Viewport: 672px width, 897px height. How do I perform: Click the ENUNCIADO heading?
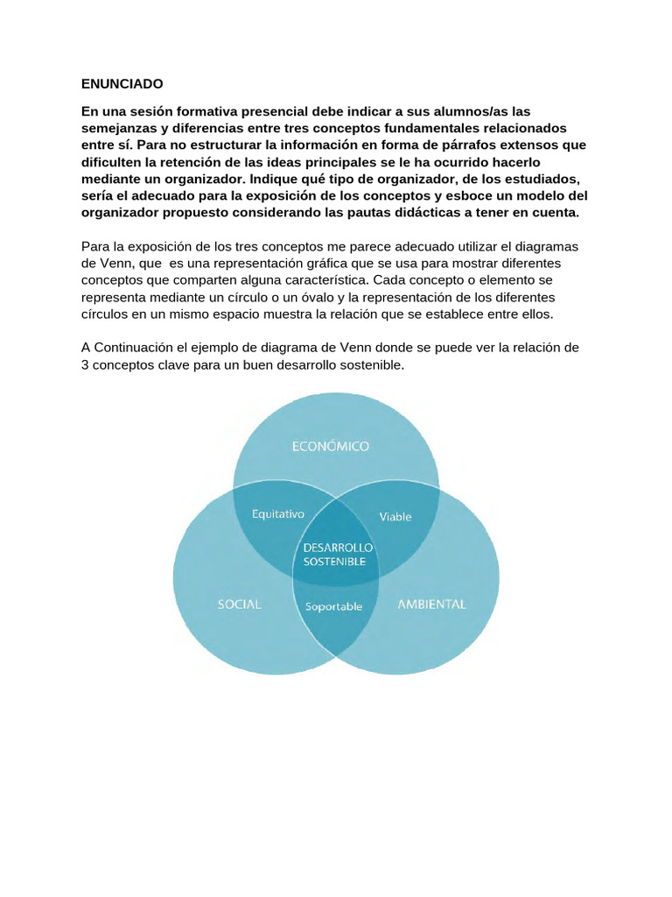(x=122, y=84)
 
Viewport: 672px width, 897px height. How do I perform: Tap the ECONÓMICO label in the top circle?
(x=331, y=446)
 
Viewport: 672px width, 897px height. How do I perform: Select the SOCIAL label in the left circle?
(x=239, y=604)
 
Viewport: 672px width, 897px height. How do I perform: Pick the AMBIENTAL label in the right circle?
(x=432, y=604)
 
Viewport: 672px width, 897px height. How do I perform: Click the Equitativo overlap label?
(x=277, y=514)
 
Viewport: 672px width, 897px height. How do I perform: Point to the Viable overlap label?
(x=395, y=516)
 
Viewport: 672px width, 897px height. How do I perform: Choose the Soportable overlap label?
(x=333, y=606)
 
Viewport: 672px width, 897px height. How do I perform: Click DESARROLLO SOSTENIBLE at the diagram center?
(x=337, y=554)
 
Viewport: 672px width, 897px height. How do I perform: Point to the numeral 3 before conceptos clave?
(x=85, y=364)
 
